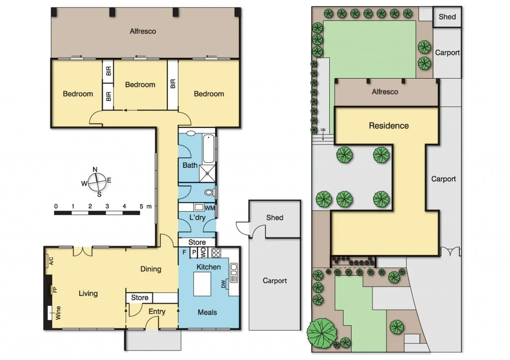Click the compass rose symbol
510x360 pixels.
pyautogui.click(x=97, y=181)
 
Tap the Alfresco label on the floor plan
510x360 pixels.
pyautogui.click(x=143, y=31)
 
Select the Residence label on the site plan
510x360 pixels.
pyautogui.click(x=388, y=125)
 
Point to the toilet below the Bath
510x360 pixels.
pyautogui.click(x=210, y=193)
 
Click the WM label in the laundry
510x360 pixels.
pyautogui.click(x=210, y=208)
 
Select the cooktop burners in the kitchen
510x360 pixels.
pyautogui.click(x=216, y=252)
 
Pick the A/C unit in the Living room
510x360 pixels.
pyautogui.click(x=49, y=261)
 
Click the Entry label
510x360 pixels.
pyautogui.click(x=157, y=312)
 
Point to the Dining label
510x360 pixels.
pyautogui.click(x=150, y=269)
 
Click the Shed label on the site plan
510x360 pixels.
pyautogui.click(x=447, y=16)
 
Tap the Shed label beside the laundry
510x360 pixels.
pyautogui.click(x=274, y=218)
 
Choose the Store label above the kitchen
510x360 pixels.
pyautogui.click(x=197, y=242)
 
